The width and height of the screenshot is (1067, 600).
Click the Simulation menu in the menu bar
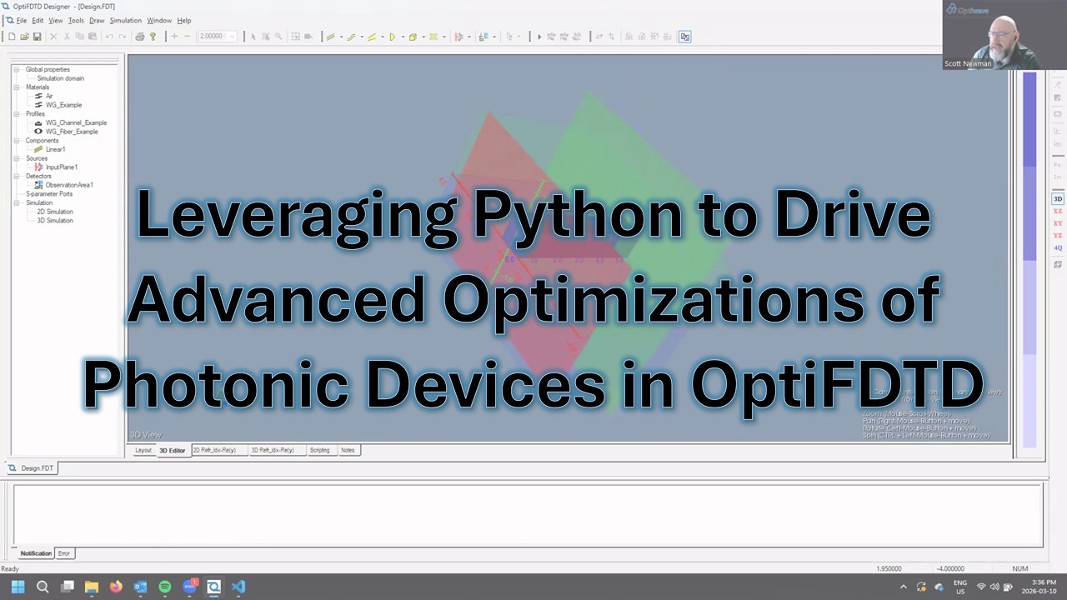tap(125, 20)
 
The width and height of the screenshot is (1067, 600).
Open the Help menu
tap(183, 20)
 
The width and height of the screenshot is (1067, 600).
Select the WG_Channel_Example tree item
tap(76, 122)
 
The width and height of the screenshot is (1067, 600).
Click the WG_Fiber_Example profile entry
tap(72, 132)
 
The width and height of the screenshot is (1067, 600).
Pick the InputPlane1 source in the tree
tap(61, 167)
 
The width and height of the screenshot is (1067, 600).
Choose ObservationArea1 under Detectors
tap(68, 185)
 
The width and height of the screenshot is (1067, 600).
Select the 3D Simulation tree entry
tap(55, 221)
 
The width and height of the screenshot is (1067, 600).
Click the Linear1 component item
tap(55, 149)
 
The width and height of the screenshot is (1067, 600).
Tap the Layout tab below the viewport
tap(143, 450)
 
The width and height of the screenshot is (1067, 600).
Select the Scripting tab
tap(319, 450)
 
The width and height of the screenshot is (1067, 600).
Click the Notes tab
tap(348, 450)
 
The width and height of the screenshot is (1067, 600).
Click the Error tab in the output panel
tap(64, 553)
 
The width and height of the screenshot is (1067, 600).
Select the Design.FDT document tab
tap(37, 468)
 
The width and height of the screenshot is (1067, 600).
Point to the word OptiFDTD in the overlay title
tap(837, 383)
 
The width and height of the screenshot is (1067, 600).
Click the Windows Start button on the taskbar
tap(18, 587)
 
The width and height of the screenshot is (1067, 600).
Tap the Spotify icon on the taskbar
tap(165, 587)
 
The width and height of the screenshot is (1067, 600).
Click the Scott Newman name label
tap(968, 63)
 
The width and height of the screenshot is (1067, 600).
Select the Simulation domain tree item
tap(60, 78)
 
